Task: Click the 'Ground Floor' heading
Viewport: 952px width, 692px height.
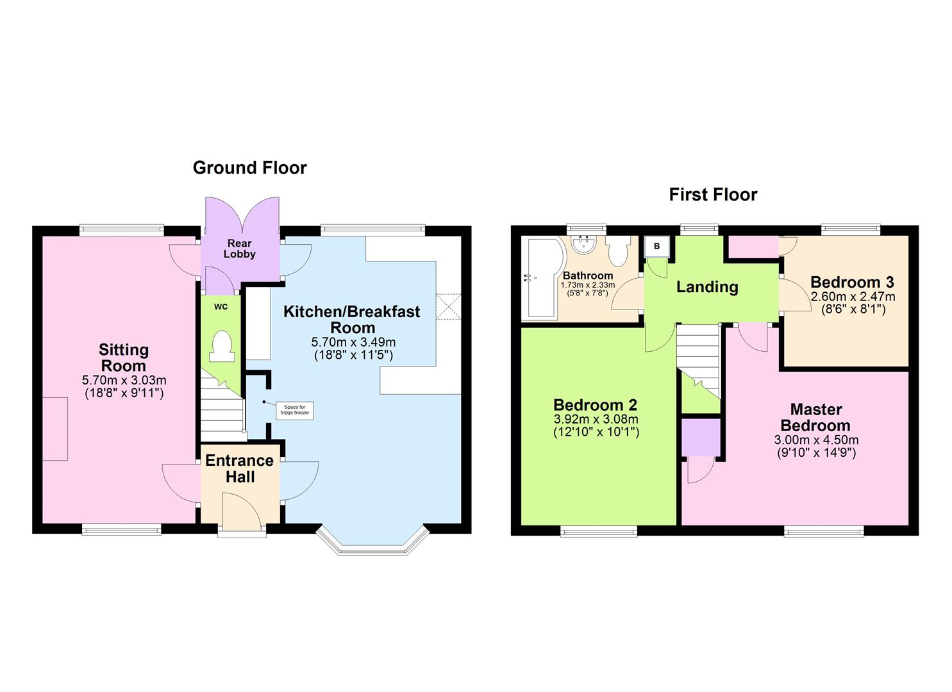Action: coord(249,168)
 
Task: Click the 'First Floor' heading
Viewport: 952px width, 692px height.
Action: coord(713,195)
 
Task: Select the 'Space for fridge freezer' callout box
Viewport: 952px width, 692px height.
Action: coord(294,410)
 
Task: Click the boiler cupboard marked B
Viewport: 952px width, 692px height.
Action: coord(656,246)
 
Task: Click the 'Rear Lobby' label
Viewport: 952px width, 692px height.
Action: coord(239,249)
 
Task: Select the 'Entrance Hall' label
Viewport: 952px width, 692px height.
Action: coord(239,468)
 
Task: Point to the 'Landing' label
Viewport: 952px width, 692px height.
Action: coord(707,287)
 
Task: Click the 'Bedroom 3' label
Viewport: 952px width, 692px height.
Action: coord(852,283)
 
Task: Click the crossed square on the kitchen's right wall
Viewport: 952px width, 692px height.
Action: coord(449,306)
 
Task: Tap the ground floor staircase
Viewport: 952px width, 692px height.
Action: coord(222,410)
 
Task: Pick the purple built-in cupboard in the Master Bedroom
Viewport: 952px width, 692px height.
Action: coord(701,438)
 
